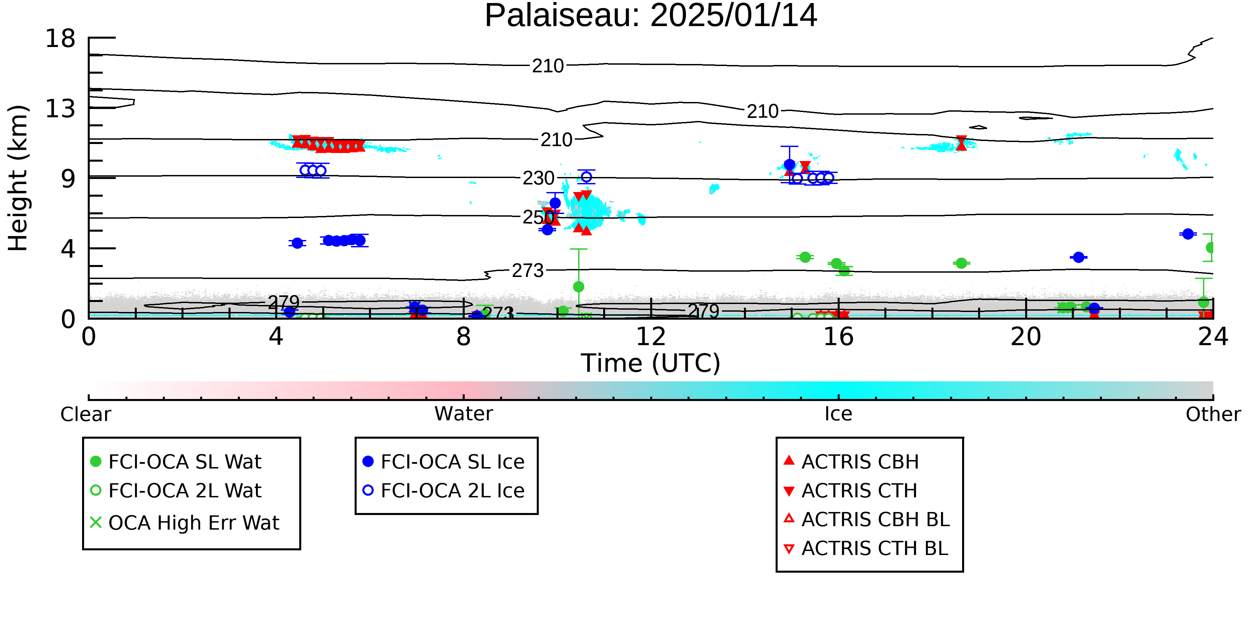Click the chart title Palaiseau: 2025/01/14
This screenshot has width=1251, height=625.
651,16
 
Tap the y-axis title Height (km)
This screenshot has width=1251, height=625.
18,178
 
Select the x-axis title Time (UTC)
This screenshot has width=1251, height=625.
651,363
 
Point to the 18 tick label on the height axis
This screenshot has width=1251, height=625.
60,38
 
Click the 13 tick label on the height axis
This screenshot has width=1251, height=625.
60,109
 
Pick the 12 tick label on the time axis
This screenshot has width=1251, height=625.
651,337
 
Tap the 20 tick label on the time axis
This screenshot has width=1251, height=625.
1026,337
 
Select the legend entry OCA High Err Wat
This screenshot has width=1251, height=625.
184,523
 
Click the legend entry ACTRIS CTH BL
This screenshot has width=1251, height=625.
866,548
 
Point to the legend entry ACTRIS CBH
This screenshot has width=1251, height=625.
851,461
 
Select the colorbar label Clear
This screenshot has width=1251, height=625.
85,414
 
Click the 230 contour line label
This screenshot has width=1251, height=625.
538,178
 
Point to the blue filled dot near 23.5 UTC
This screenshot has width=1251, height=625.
1188,234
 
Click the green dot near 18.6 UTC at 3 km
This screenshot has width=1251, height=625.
961,263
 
